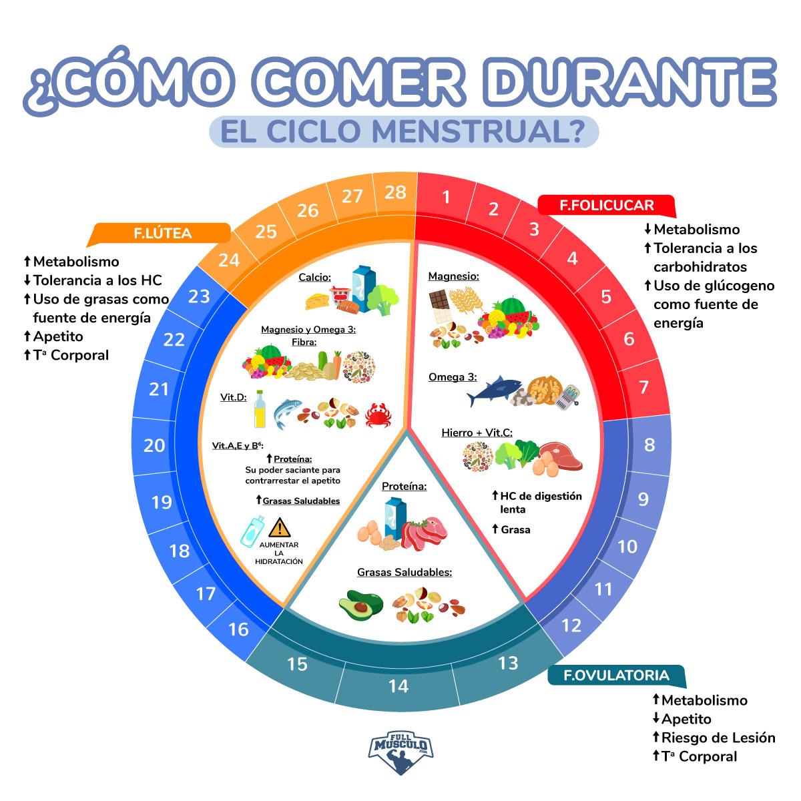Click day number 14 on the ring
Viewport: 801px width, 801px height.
pos(398,686)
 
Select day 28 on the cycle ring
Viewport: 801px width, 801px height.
pos(395,192)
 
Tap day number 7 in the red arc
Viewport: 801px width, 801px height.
pos(643,387)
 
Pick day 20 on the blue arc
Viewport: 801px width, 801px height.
pos(154,445)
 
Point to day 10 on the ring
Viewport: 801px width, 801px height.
pos(627,547)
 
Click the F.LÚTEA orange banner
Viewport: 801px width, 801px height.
pos(163,234)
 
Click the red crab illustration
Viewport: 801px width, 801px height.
pos(377,416)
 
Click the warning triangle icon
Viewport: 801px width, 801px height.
pos(280,527)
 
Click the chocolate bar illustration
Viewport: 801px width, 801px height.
pos(439,306)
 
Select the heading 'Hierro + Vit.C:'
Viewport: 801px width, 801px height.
pos(477,433)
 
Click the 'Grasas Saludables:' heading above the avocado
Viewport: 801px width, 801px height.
pos(405,572)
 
